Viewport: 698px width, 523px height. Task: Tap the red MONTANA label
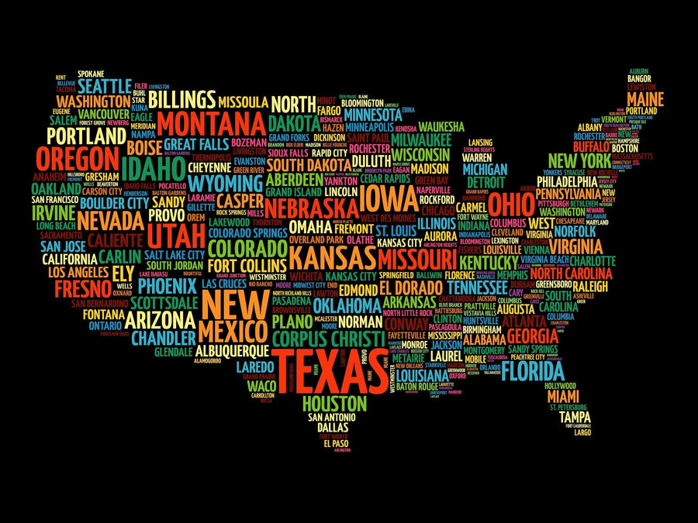(211, 124)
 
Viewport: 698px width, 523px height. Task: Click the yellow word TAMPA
(575, 416)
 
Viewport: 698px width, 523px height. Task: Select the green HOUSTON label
(333, 403)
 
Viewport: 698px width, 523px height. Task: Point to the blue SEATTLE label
(105, 84)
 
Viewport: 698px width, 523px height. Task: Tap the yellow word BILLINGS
(181, 98)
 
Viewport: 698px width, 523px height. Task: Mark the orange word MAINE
(645, 100)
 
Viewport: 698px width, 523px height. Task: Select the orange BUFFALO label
(592, 146)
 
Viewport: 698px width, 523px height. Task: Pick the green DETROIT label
(485, 181)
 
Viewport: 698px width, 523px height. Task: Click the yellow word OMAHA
(310, 226)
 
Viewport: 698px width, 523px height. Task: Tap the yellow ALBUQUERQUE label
(233, 350)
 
